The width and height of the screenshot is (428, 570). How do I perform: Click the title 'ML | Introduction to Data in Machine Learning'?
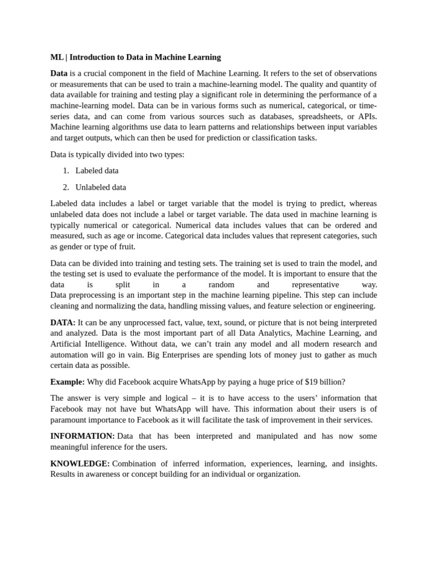135,57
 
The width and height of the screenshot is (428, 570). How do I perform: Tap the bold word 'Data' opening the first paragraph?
59,73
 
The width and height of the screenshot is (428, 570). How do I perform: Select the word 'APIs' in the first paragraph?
368,116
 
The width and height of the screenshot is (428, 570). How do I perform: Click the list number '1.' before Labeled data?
66,170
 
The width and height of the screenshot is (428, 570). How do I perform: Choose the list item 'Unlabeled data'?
101,187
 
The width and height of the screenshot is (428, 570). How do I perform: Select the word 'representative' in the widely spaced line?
315,284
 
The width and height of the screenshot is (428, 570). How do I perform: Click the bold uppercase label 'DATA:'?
63,323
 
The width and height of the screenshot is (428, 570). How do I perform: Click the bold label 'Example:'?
67,382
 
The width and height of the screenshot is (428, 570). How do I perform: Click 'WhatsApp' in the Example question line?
193,382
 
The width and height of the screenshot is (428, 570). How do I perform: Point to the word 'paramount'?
70,420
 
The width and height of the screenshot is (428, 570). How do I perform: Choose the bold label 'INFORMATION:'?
82,436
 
